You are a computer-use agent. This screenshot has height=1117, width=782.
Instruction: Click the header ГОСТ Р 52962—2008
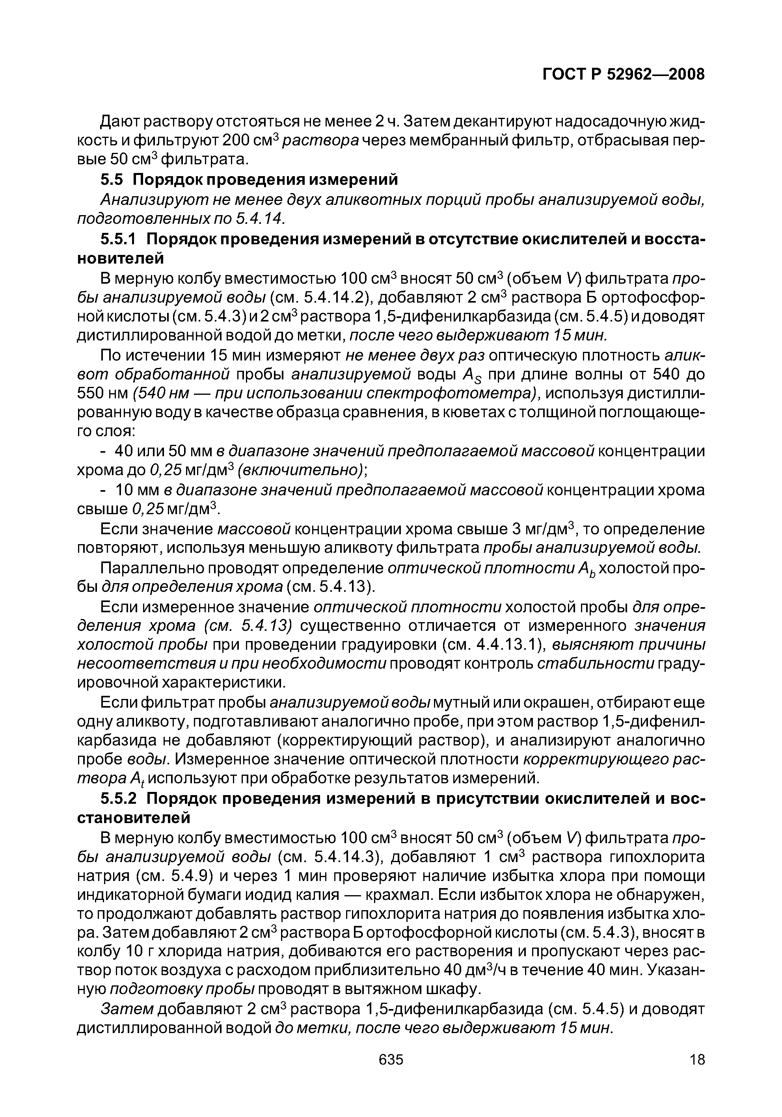(x=623, y=74)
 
